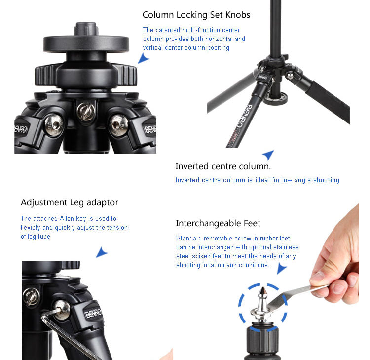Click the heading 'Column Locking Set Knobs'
click(x=196, y=15)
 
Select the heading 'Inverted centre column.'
click(x=223, y=166)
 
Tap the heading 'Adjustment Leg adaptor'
click(x=70, y=202)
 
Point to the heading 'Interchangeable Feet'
click(x=218, y=223)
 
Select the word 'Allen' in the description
click(x=67, y=218)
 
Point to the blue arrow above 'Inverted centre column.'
click(x=269, y=155)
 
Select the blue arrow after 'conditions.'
click(x=281, y=269)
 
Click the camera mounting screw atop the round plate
click(x=86, y=29)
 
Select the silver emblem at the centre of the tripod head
click(x=86, y=111)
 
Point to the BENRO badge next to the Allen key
click(x=93, y=313)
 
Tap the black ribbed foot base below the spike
click(x=262, y=341)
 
